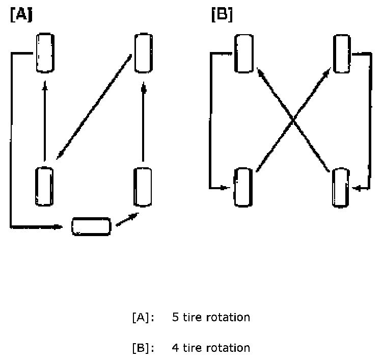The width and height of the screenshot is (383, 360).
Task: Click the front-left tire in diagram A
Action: [45, 53]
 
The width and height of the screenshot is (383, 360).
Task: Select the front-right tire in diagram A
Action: [143, 53]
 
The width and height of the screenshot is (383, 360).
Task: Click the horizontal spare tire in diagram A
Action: [91, 226]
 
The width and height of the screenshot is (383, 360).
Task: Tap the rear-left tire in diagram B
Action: [244, 187]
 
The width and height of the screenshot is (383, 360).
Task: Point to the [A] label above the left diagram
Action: [20, 15]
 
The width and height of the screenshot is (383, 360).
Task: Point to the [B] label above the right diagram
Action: [222, 15]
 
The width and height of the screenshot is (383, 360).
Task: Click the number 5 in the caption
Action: [176, 318]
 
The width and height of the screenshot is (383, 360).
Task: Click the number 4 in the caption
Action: [176, 348]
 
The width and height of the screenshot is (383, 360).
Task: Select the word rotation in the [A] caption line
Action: [228, 318]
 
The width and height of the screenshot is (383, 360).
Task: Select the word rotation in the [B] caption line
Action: [228, 348]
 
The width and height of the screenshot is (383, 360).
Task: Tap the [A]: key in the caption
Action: [143, 318]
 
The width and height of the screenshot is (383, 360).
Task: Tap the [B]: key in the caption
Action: [143, 348]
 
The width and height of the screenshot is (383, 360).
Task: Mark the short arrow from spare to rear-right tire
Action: [127, 220]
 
